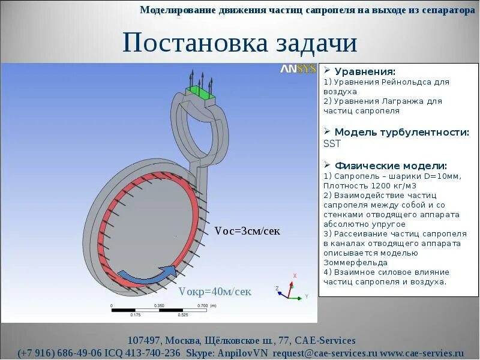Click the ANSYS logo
298,69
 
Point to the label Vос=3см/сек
247,231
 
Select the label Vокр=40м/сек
215,292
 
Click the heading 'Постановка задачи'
240,43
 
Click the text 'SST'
332,144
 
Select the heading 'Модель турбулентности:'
401,133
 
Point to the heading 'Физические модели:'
391,166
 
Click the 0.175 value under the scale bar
135,315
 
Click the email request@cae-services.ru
325,353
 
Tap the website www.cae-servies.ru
422,353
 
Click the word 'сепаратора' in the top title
443,10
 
